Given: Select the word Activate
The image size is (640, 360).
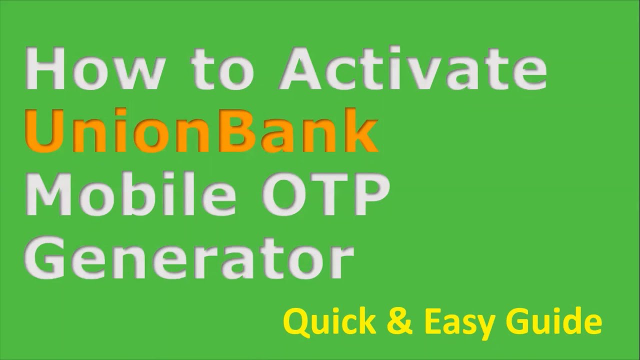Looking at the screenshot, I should pos(413,69).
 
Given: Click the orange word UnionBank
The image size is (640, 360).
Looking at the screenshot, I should pos(200,131).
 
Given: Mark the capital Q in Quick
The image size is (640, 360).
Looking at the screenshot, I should pos(297,322).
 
